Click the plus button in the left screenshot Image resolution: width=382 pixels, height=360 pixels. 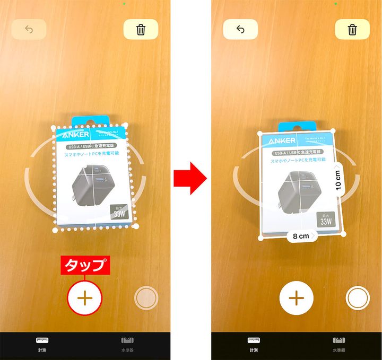point(85,297)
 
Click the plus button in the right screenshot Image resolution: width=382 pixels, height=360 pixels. point(296,297)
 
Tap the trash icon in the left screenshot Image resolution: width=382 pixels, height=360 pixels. point(141,30)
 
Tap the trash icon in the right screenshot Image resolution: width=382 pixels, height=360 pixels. point(352,30)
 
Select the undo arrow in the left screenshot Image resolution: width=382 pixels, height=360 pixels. point(29,30)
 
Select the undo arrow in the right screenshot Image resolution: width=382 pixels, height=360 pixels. point(240,30)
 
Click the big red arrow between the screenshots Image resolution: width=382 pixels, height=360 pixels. point(190,179)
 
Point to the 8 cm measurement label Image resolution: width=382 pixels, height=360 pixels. point(301,236)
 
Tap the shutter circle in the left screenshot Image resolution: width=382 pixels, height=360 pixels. point(146,298)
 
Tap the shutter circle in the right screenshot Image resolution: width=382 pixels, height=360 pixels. point(357,298)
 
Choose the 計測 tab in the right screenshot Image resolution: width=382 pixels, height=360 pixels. point(254,344)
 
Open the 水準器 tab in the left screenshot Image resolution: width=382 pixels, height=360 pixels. point(127,344)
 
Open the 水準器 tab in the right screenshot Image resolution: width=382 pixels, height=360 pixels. point(338,344)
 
